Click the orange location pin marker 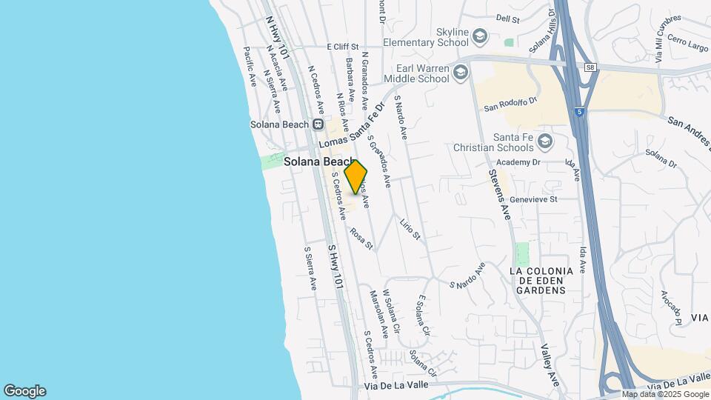click(356, 176)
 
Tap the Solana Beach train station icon click(318, 124)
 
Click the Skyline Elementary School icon click(480, 36)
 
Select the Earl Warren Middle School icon click(461, 72)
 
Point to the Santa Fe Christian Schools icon click(545, 141)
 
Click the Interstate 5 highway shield click(578, 112)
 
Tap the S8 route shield click(590, 67)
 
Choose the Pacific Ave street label click(250, 67)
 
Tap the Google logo click(24, 391)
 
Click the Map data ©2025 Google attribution click(665, 394)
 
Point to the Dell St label click(508, 19)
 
